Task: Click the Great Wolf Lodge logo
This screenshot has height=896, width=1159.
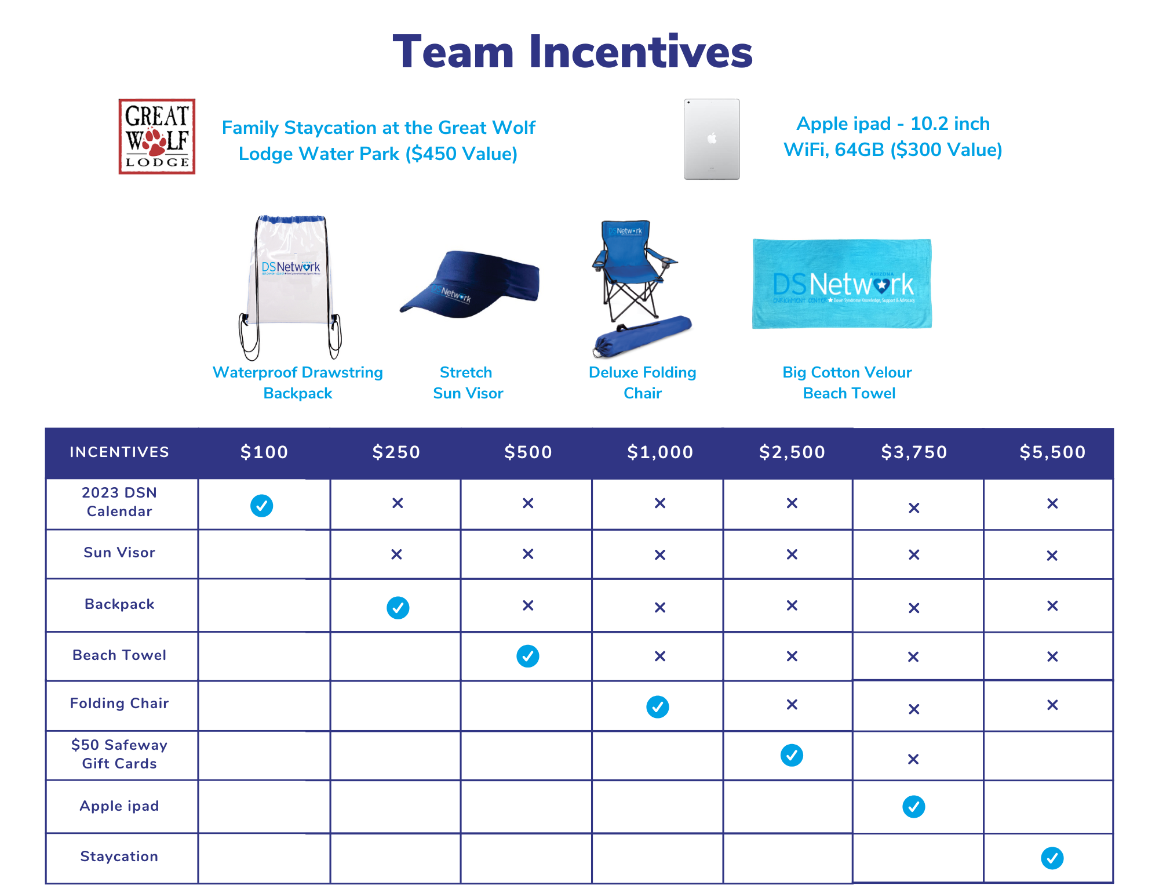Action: (x=157, y=137)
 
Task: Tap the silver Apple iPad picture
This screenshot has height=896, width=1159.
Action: (x=712, y=139)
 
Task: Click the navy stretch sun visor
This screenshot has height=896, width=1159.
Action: (x=470, y=284)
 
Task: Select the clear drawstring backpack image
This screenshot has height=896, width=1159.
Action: (x=290, y=287)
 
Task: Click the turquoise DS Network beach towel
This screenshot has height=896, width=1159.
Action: (x=842, y=284)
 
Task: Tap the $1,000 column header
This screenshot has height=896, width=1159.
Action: (x=660, y=452)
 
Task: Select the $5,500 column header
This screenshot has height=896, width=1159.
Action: (x=1052, y=452)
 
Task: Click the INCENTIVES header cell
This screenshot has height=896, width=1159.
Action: (x=119, y=452)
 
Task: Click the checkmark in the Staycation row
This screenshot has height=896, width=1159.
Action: (x=1052, y=858)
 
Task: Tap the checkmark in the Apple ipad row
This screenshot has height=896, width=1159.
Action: (x=914, y=806)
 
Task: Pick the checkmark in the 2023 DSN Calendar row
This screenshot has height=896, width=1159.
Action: (x=262, y=506)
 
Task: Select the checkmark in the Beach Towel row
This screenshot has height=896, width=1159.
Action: (x=528, y=656)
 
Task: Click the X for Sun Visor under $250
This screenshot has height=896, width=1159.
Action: (x=396, y=554)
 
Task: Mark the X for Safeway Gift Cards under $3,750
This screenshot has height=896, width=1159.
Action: (x=913, y=759)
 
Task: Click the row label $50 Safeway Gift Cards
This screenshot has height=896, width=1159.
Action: (x=119, y=754)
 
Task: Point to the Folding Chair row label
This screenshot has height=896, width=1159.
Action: (x=119, y=703)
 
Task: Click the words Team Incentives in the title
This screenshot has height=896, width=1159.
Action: (x=573, y=52)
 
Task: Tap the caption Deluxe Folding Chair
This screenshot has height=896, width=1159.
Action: (x=643, y=383)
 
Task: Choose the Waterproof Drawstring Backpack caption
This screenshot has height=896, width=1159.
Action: (x=298, y=383)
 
